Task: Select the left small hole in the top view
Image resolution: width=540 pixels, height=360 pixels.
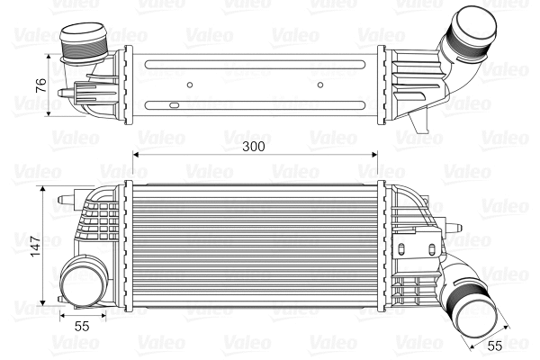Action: [x=190, y=86]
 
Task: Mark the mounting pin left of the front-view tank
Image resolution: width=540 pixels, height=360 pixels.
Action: [x=60, y=197]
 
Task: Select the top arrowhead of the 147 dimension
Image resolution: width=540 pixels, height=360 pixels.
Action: [x=45, y=190]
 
